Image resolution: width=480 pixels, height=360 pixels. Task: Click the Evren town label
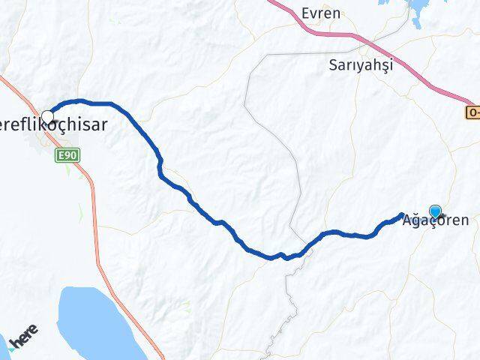point(320,13)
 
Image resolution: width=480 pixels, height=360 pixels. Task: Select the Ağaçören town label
point(436,221)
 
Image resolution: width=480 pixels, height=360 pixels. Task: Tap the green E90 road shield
point(67,154)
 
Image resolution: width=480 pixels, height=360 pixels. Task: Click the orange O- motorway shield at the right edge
point(472,112)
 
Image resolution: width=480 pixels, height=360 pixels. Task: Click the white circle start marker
point(48,116)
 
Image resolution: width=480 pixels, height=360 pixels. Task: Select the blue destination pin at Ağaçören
point(436,211)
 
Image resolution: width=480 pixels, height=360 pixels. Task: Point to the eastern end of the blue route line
point(401,215)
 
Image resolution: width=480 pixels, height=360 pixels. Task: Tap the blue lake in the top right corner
point(417,7)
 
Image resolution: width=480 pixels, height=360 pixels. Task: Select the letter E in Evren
point(304,13)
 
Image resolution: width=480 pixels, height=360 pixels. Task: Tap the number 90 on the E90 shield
point(70,154)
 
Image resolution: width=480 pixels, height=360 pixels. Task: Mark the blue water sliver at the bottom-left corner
point(4,345)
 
